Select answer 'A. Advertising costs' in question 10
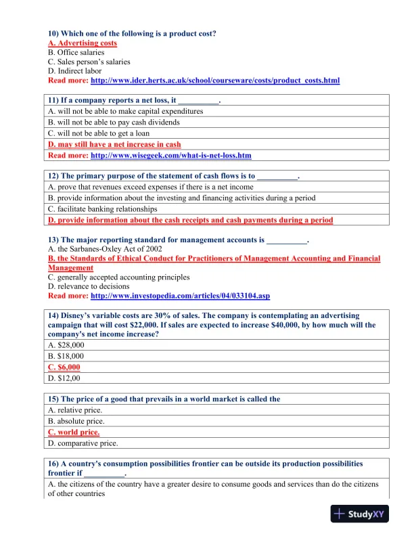coord(83,43)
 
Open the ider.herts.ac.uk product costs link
coord(215,81)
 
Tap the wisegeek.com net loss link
coord(171,155)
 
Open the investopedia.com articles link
coord(180,296)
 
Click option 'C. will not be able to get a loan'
coord(99,133)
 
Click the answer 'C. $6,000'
coord(64,367)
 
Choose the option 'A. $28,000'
coord(66,344)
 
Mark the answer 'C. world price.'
coord(74,432)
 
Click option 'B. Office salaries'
coord(76,52)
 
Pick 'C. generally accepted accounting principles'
coord(118,277)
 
